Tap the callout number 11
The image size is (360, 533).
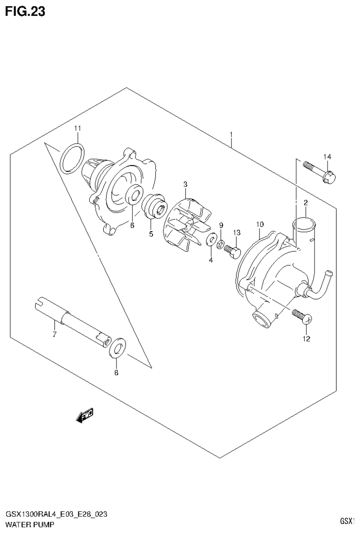coord(78,129)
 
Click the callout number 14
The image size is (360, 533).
coord(327,156)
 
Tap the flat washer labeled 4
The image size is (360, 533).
coord(211,241)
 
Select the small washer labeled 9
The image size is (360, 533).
coord(221,244)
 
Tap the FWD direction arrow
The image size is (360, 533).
coord(84,415)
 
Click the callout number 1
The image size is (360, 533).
coord(231,135)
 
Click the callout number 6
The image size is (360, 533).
coord(132,225)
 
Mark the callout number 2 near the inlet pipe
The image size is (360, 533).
coord(305,203)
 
